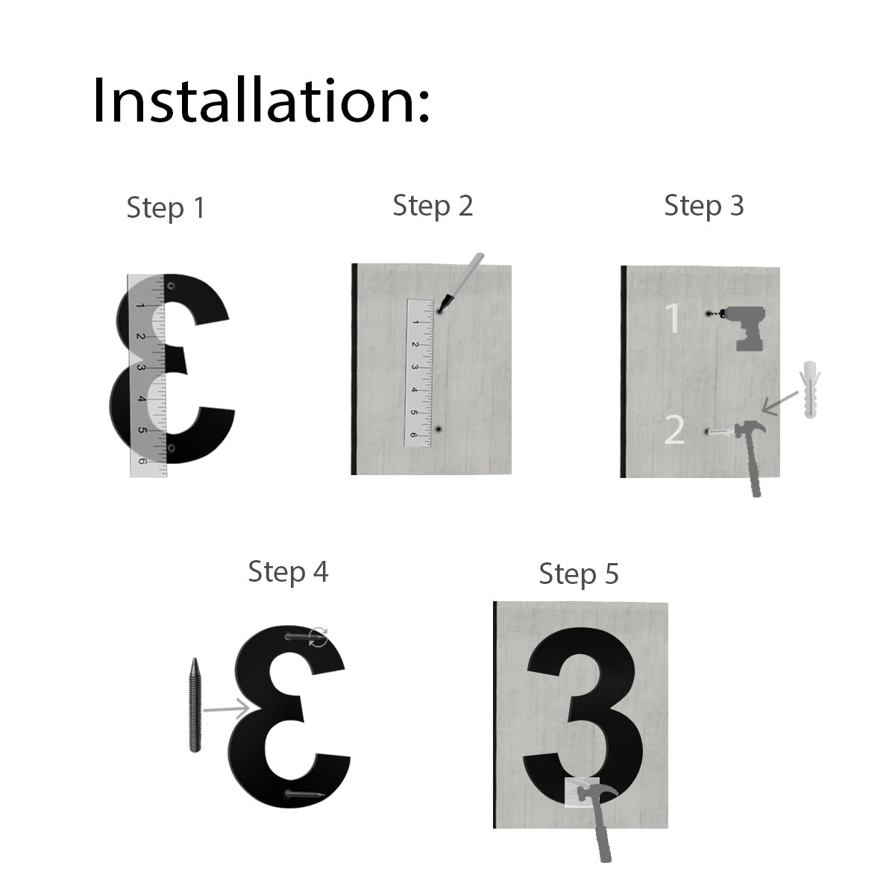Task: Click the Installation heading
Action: pyautogui.click(x=260, y=101)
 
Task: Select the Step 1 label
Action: pyautogui.click(x=165, y=207)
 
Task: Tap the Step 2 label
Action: pyautogui.click(x=433, y=206)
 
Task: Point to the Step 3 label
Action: pyautogui.click(x=703, y=206)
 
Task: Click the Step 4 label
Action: pyautogui.click(x=288, y=572)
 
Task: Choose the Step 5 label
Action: pyautogui.click(x=579, y=574)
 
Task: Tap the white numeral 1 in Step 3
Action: pyautogui.click(x=673, y=318)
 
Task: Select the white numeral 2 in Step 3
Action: pyautogui.click(x=674, y=430)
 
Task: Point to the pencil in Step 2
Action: pyautogui.click(x=461, y=282)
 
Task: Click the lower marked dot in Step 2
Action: pyautogui.click(x=439, y=430)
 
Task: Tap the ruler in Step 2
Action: pyautogui.click(x=418, y=373)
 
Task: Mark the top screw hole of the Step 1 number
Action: pyautogui.click(x=172, y=286)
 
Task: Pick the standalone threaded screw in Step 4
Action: pyautogui.click(x=195, y=705)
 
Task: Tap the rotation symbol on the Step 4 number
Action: pyautogui.click(x=318, y=637)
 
